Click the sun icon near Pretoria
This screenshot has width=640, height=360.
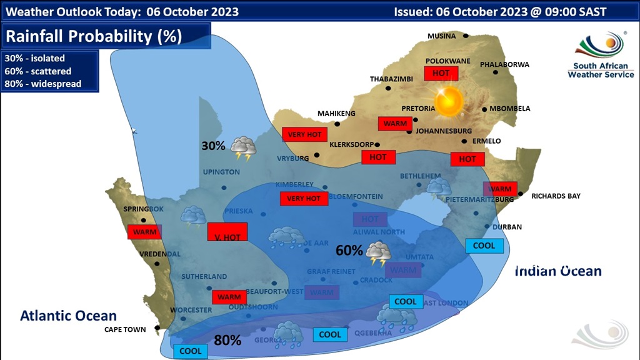pyautogui.click(x=448, y=101)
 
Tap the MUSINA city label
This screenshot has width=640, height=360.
pyautogui.click(x=441, y=36)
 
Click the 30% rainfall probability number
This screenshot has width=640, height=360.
pyautogui.click(x=213, y=146)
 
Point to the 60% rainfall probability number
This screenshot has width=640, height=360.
pyautogui.click(x=349, y=251)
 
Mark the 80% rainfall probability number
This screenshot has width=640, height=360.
pyautogui.click(x=227, y=341)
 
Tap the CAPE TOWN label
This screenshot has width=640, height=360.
pyautogui.click(x=125, y=329)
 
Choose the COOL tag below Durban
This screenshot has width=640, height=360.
pyautogui.click(x=484, y=246)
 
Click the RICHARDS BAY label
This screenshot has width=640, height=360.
pyautogui.click(x=556, y=196)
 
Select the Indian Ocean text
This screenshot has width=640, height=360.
pyautogui.click(x=558, y=271)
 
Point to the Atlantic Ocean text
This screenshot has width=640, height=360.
pyautogui.click(x=68, y=316)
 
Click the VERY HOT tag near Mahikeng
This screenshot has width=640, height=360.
pyautogui.click(x=304, y=134)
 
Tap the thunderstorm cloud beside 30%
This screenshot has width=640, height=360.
pyautogui.click(x=243, y=149)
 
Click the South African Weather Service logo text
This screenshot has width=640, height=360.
pyautogui.click(x=600, y=69)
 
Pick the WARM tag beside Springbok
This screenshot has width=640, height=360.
pyautogui.click(x=144, y=232)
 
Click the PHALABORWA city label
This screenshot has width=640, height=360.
pyautogui.click(x=504, y=64)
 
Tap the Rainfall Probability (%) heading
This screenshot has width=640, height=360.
pyautogui.click(x=94, y=36)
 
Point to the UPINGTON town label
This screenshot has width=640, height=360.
pyautogui.click(x=221, y=172)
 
